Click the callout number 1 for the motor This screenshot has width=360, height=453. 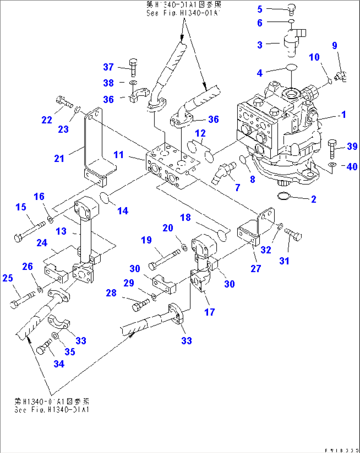click(343, 115)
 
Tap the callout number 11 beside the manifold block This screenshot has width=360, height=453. click(119, 155)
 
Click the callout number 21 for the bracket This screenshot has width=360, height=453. click(59, 159)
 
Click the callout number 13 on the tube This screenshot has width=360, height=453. click(61, 231)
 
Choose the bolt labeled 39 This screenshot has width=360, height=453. click(333, 148)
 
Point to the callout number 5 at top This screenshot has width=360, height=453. click(260, 9)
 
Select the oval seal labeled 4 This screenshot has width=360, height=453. click(291, 67)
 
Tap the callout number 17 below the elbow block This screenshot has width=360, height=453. click(209, 312)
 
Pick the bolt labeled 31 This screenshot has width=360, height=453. click(293, 235)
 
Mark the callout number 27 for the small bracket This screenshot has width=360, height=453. click(256, 269)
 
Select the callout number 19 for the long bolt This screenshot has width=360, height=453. click(146, 240)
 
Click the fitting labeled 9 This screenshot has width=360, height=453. click(340, 77)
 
